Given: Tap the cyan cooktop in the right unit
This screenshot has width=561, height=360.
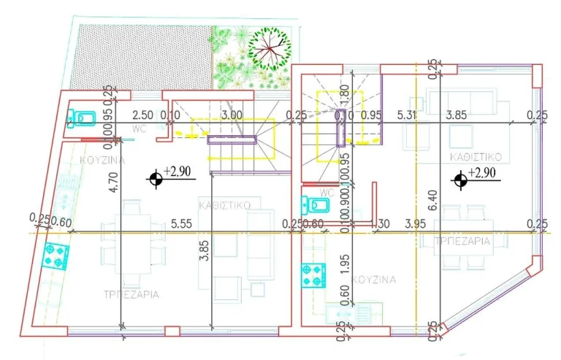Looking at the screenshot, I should point(312,275).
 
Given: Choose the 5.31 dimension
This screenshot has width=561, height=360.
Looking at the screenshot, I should point(407,115).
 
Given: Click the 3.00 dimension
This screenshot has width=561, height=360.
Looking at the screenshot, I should point(232,115).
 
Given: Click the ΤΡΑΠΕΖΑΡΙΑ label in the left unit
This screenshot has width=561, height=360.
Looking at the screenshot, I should point(131,294).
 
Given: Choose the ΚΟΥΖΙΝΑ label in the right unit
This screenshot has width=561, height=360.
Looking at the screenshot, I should point(373,280).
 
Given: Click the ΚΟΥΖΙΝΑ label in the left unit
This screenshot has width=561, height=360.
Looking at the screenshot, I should point(103,160).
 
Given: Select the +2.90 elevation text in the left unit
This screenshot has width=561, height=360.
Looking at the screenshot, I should point(178,171).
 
